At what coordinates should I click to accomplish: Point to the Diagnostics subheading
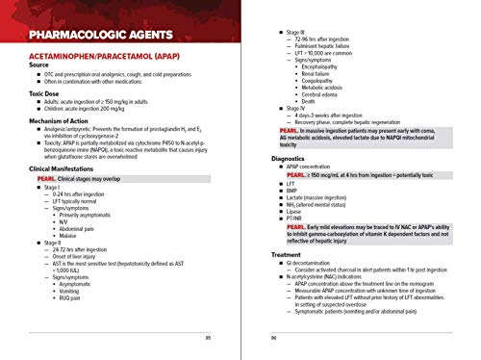click(289, 157)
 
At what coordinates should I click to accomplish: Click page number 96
click(274, 338)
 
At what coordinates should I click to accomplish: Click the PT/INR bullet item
click(292, 219)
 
